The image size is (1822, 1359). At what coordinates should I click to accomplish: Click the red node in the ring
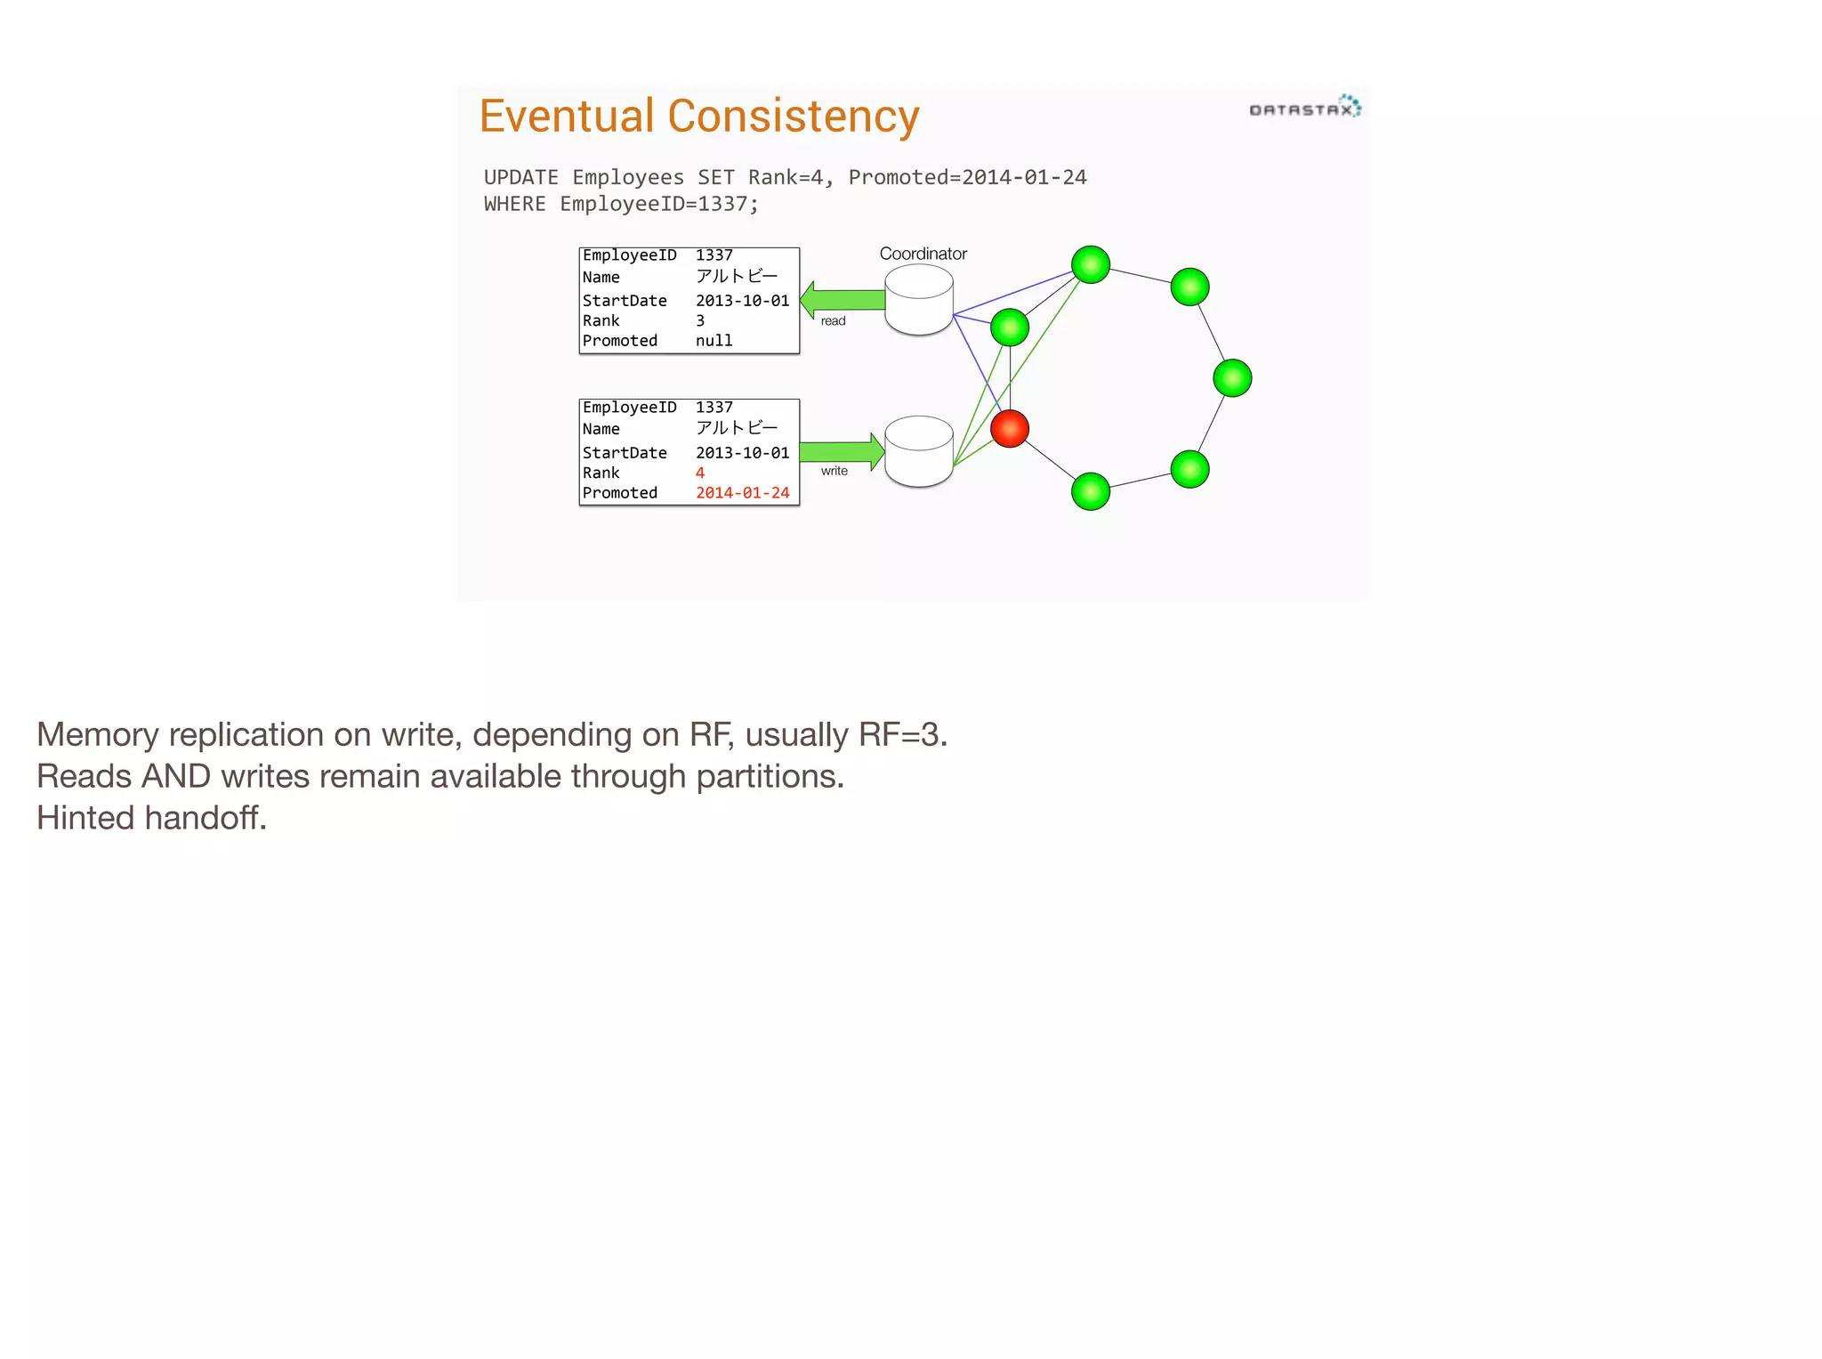point(1010,428)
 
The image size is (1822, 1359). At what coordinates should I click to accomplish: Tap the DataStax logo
point(1304,109)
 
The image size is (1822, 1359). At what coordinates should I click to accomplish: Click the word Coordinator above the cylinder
point(923,254)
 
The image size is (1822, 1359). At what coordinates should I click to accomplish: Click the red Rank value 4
point(700,473)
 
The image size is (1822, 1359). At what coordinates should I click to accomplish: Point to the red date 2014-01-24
point(742,493)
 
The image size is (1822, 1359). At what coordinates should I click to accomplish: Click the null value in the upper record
point(713,341)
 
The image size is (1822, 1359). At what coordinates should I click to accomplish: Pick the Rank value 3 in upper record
point(700,320)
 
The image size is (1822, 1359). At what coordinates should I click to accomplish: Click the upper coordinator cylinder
point(919,300)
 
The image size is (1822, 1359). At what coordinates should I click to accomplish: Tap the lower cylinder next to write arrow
point(919,451)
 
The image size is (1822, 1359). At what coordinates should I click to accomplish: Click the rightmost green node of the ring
point(1232,378)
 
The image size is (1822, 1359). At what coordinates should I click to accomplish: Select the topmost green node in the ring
point(1091,264)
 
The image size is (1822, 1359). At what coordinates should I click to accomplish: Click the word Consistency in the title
point(794,117)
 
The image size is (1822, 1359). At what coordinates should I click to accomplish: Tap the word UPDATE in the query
point(521,177)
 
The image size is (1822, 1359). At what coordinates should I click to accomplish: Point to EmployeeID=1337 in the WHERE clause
point(658,204)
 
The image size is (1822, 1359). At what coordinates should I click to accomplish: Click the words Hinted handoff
point(151,818)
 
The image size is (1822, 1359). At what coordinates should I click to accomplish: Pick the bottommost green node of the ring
point(1091,492)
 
